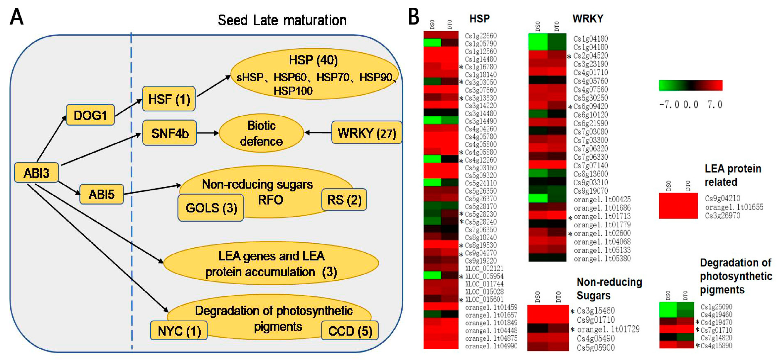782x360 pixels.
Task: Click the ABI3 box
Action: tap(37, 173)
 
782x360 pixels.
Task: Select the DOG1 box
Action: tap(90, 115)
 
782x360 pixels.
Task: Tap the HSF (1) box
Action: tap(169, 99)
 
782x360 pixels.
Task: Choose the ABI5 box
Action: tap(101, 194)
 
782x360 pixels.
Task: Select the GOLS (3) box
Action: tap(211, 208)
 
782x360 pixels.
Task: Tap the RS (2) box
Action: tap(344, 200)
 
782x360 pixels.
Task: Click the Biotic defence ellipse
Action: tap(261, 133)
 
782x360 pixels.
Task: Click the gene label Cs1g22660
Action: tap(481, 36)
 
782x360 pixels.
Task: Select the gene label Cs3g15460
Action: tap(596, 311)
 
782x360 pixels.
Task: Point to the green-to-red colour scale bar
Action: tap(691, 85)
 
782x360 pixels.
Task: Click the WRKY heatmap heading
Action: tap(588, 19)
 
